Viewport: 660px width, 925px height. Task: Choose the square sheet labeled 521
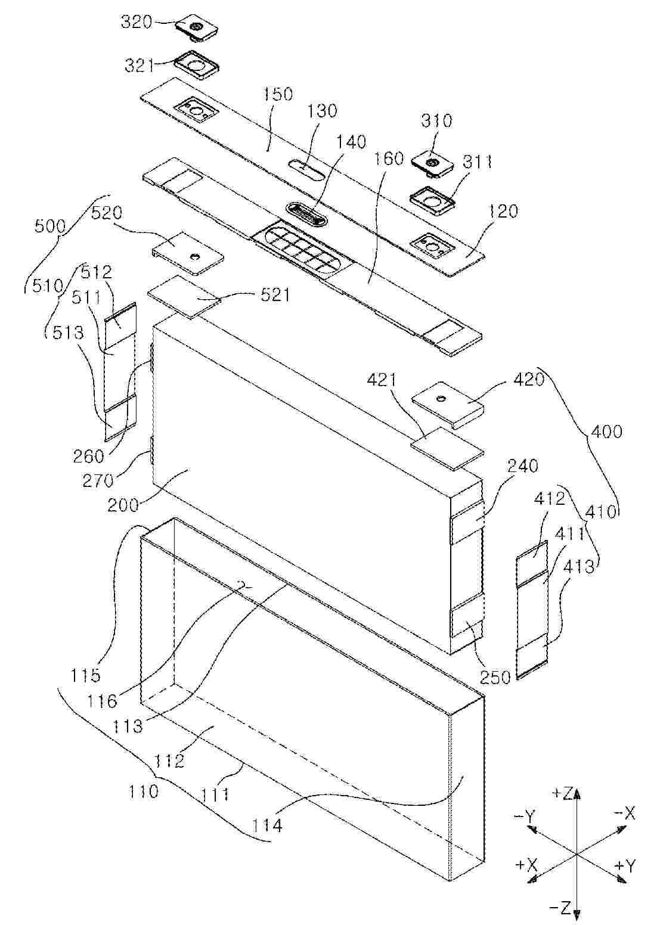tap(184, 296)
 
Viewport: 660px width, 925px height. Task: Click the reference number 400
tap(606, 432)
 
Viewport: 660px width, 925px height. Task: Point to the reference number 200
tap(123, 505)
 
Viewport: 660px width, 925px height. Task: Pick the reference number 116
tap(101, 700)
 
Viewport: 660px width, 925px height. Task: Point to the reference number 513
tap(68, 333)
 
